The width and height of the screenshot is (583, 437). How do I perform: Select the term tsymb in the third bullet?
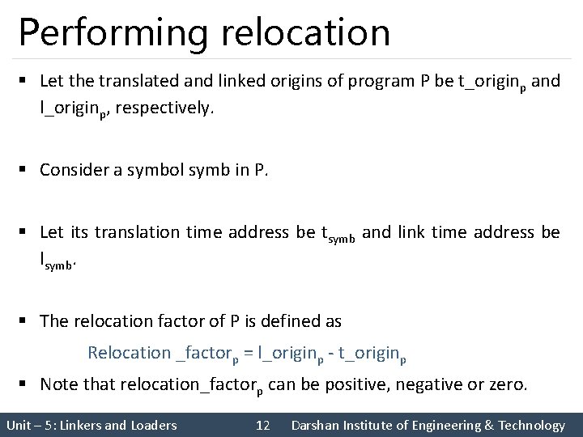(339, 234)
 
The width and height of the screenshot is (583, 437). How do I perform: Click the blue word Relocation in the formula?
(128, 353)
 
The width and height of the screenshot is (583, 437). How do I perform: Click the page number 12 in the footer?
(262, 425)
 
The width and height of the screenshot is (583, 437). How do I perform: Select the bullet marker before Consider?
(27, 170)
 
